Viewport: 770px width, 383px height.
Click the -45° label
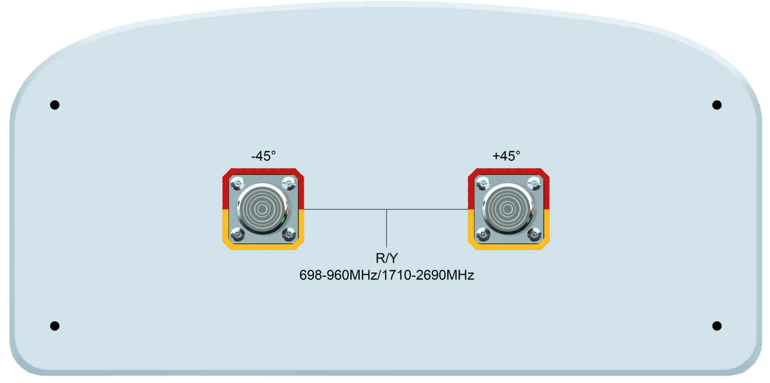coord(263,156)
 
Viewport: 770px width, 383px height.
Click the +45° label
coord(506,156)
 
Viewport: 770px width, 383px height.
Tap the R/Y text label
coord(386,259)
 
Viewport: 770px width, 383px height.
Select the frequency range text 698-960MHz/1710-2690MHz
coord(386,275)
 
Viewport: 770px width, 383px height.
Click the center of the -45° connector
coord(262,209)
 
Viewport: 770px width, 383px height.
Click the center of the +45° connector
coord(508,209)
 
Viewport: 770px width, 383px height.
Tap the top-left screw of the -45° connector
coord(238,182)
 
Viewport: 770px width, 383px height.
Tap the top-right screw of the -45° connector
coord(288,182)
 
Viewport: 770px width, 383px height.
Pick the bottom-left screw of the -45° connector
coord(238,234)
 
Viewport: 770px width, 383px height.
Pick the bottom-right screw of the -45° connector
coord(288,234)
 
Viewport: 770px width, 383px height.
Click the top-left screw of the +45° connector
coord(483,182)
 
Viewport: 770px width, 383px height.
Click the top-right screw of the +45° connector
coord(533,182)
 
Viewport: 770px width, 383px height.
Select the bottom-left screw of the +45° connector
coord(483,234)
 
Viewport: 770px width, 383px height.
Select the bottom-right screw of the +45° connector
coord(534,234)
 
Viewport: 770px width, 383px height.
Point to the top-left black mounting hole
coord(55,105)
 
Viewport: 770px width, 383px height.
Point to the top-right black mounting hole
coord(717,105)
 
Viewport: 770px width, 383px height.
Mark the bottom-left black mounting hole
coord(55,326)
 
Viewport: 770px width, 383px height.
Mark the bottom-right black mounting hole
coord(717,326)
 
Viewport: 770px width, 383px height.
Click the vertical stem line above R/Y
coord(386,228)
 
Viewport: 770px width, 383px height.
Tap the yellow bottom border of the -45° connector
coord(263,247)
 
